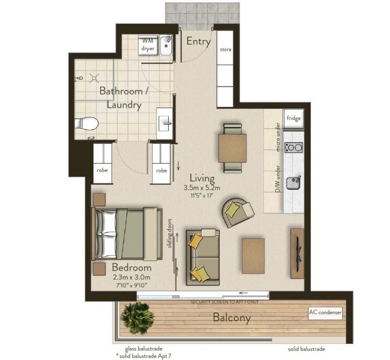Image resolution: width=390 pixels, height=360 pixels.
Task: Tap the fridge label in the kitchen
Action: coord(293,118)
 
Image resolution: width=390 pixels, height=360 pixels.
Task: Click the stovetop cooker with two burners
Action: coord(293,147)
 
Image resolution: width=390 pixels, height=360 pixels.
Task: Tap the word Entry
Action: coord(198,41)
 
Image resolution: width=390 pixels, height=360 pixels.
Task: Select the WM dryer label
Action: coord(148,45)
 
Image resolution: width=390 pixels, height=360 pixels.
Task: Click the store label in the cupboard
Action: coord(225,50)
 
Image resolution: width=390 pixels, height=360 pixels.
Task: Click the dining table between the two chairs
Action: coord(233,148)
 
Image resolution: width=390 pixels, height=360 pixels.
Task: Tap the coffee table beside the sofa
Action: coord(253,256)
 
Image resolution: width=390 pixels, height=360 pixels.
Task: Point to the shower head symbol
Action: coord(94,77)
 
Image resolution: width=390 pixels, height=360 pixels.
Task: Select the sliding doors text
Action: coord(170,234)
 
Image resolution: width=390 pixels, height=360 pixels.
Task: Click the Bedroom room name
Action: coord(132,268)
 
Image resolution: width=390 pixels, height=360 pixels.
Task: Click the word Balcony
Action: coord(232,318)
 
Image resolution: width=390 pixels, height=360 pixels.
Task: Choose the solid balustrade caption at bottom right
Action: coord(305,349)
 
